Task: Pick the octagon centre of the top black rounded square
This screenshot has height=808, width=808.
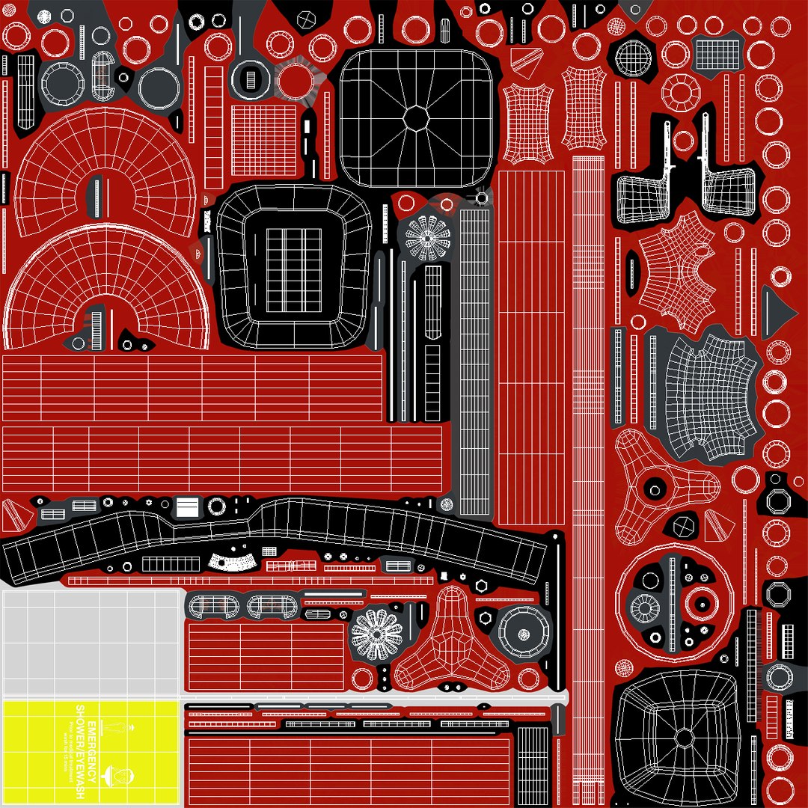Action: pos(415,117)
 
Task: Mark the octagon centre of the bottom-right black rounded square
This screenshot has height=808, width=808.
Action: pos(684,738)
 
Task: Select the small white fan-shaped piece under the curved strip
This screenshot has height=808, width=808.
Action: pos(230,560)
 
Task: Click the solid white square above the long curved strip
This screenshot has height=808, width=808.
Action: pos(187,507)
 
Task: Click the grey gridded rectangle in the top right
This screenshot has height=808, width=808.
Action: pos(717,52)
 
